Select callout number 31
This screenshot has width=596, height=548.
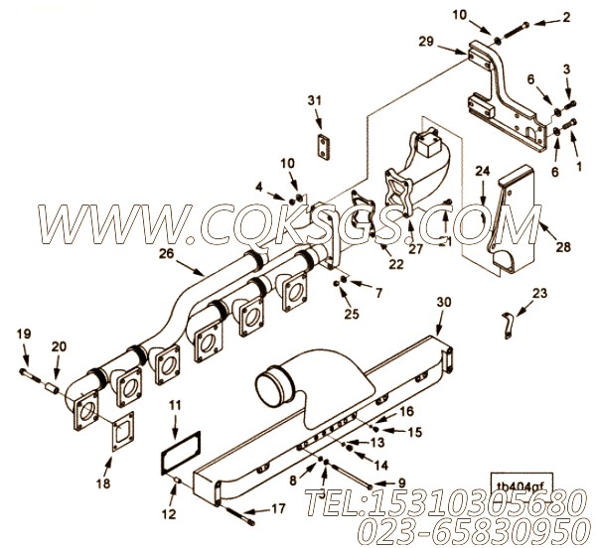coord(315,102)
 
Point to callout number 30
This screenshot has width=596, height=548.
coord(443,302)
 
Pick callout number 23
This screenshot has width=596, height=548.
coord(539,292)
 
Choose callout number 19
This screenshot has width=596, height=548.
coord(24,335)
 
